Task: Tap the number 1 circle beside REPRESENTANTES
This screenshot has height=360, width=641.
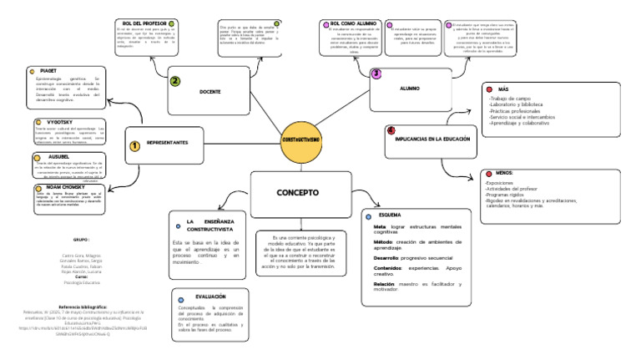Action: click(134, 146)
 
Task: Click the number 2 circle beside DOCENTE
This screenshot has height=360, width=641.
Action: click(175, 81)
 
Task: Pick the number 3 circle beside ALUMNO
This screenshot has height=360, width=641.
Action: click(376, 74)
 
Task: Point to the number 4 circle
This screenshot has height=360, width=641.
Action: click(391, 131)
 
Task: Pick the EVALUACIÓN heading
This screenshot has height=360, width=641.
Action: click(210, 297)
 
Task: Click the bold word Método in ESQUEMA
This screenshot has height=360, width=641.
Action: click(384, 241)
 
